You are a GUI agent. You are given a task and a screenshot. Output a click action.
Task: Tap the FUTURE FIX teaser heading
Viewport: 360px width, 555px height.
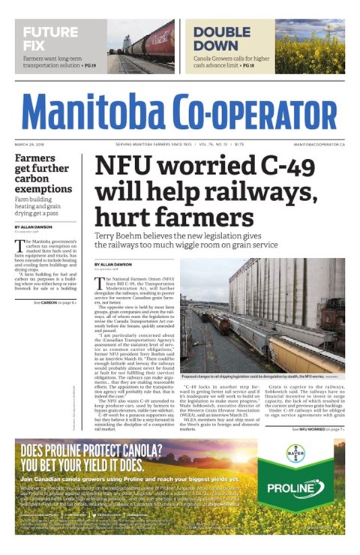tap(50, 37)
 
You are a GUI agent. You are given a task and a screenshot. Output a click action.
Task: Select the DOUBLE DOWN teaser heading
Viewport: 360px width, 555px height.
tap(221, 37)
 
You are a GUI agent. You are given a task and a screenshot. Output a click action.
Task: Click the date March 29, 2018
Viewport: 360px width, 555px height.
tap(29, 143)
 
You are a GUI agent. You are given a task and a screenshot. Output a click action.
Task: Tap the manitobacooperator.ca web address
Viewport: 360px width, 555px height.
tap(319, 143)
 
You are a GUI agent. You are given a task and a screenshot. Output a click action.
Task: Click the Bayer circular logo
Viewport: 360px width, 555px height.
tap(295, 454)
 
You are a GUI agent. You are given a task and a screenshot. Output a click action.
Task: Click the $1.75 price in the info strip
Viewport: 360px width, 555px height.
tap(239, 143)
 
